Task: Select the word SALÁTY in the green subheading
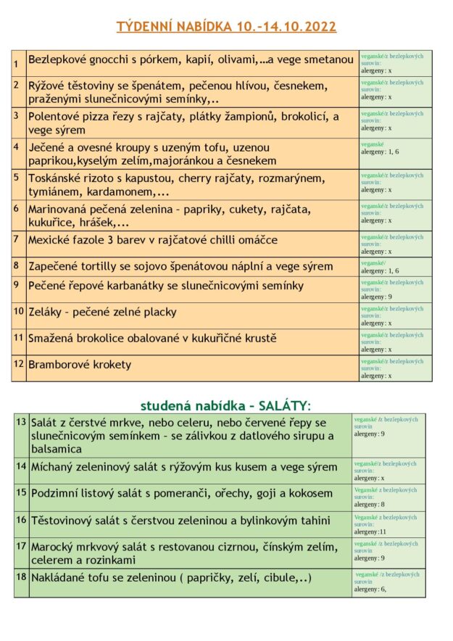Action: [x=284, y=405]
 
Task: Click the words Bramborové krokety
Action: [x=80, y=365]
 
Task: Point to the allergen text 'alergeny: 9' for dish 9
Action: [x=377, y=297]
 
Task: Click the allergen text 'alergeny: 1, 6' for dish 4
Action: [x=380, y=152]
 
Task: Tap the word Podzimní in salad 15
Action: [x=58, y=494]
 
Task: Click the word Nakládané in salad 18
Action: [x=61, y=578]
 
